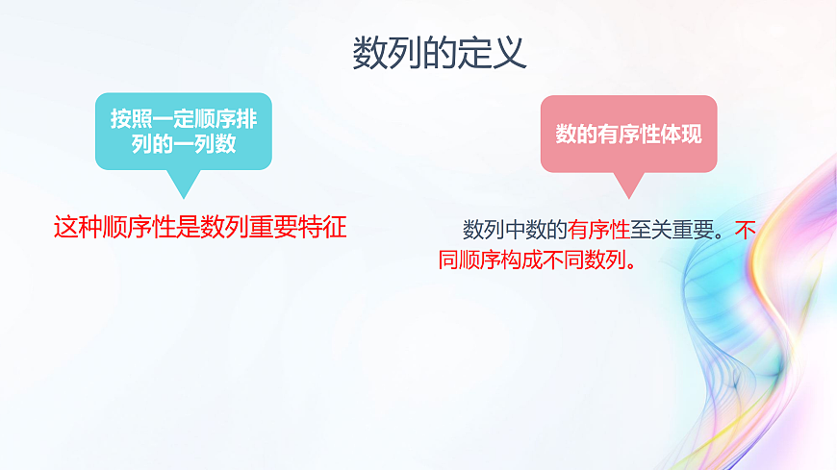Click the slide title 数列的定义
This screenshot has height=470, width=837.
pos(440,53)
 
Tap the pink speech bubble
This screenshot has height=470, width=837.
pos(628,134)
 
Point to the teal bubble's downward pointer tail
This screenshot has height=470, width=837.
pos(182,184)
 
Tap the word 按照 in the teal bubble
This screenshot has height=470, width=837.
pos(126,119)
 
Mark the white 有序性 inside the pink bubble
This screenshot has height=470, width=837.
pos(628,134)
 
